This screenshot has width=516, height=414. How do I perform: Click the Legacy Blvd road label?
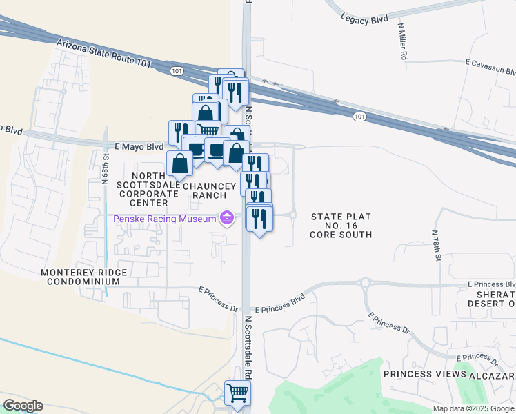click(x=364, y=20)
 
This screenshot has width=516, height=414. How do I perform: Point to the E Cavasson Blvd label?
click(x=490, y=67)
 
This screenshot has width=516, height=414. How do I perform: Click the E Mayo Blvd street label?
click(x=139, y=146)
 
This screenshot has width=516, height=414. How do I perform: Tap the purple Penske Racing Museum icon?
click(x=226, y=219)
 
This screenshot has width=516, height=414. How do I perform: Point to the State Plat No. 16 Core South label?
click(x=341, y=226)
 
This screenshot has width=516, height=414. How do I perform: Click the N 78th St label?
click(x=437, y=246)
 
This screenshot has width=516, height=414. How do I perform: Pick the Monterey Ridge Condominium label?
click(x=83, y=277)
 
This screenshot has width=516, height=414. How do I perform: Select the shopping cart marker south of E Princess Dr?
click(x=237, y=393)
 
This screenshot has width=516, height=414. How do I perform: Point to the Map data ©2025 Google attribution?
click(x=473, y=408)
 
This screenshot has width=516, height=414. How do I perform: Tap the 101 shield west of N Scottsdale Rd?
click(x=177, y=70)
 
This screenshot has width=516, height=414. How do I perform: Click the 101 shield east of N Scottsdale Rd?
click(x=359, y=117)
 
